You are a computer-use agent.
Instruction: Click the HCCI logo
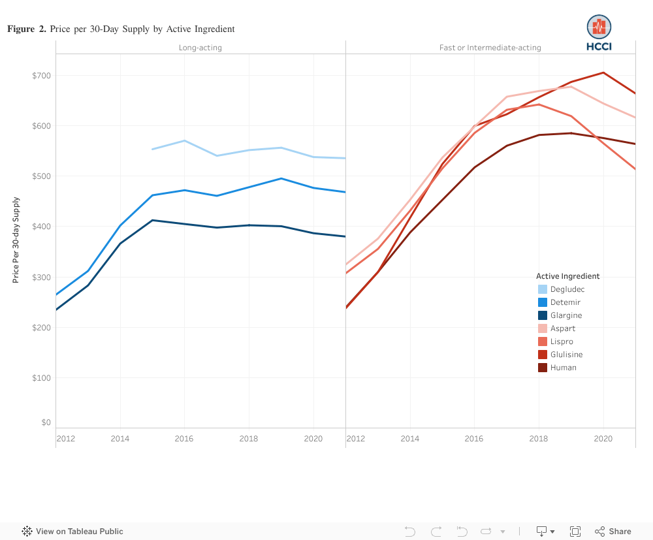click(x=599, y=33)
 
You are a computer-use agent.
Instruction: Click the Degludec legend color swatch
click(x=543, y=289)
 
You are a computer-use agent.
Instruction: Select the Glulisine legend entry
click(x=566, y=355)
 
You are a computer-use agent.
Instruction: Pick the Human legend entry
click(x=563, y=368)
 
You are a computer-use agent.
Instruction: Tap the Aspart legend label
click(x=563, y=328)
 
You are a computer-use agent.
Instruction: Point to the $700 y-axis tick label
click(x=41, y=76)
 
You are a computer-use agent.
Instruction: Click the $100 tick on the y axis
click(x=41, y=378)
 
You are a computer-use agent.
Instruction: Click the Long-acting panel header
click(x=200, y=48)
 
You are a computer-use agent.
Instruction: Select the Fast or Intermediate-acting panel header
click(x=490, y=48)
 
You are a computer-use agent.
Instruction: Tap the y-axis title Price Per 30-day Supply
click(x=16, y=240)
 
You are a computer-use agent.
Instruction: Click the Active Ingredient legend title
click(x=567, y=276)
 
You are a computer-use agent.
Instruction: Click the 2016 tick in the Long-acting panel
click(x=184, y=439)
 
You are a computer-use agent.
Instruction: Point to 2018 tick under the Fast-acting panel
click(x=539, y=439)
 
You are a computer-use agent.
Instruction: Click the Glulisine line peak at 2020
click(x=603, y=72)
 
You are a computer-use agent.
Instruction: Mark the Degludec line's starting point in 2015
click(x=152, y=150)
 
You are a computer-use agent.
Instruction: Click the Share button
click(x=613, y=532)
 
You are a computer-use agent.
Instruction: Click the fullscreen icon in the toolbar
click(x=575, y=532)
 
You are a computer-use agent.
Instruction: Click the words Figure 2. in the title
click(x=27, y=29)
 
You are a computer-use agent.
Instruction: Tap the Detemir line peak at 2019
click(x=281, y=178)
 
